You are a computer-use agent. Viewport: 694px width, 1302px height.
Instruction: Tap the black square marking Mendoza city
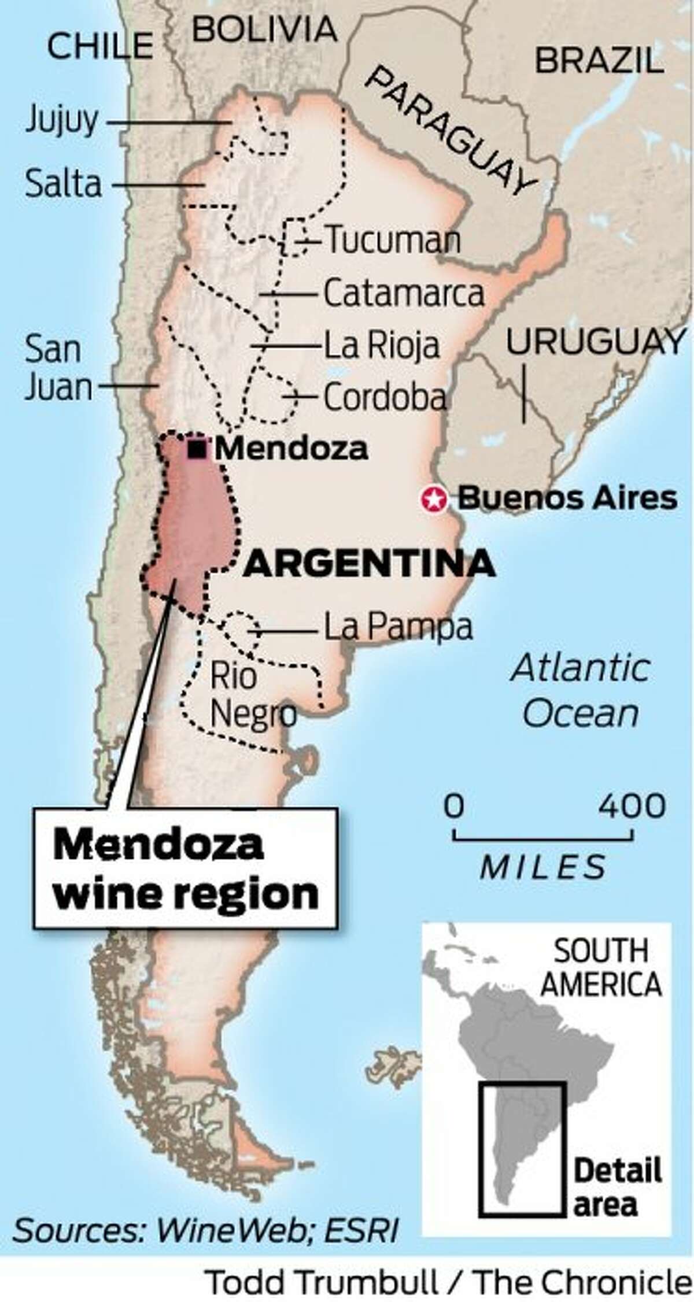pyautogui.click(x=198, y=449)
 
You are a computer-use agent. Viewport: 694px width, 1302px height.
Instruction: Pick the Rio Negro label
pyautogui.click(x=252, y=695)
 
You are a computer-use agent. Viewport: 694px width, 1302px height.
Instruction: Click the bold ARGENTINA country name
pyautogui.click(x=368, y=564)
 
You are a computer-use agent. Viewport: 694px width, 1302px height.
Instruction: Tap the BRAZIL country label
pyautogui.click(x=598, y=61)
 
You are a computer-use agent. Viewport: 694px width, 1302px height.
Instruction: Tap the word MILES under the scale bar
pyautogui.click(x=543, y=867)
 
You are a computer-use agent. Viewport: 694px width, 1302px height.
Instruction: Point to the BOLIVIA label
pyautogui.click(x=264, y=29)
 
